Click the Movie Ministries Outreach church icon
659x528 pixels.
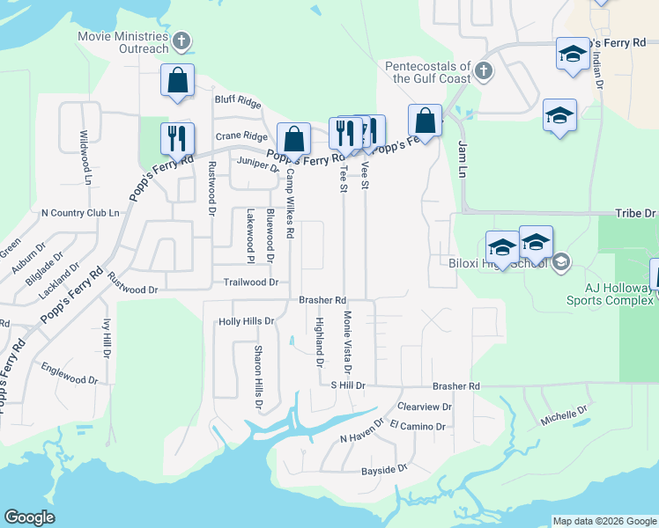tap(181, 41)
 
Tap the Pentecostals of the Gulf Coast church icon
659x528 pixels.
tap(482, 70)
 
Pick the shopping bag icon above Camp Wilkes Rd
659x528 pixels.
tap(293, 139)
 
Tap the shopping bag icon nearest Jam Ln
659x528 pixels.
tap(425, 121)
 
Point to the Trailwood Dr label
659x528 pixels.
tap(250, 282)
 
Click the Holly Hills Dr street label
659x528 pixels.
tap(247, 322)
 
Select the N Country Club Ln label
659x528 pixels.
tap(79, 213)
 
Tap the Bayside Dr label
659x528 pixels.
tap(386, 471)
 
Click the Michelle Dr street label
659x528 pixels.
tap(563, 416)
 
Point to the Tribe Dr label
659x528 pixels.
tap(635, 213)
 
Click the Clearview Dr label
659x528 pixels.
tap(425, 407)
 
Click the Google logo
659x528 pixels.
tap(29, 517)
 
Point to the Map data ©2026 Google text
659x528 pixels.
tap(603, 521)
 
